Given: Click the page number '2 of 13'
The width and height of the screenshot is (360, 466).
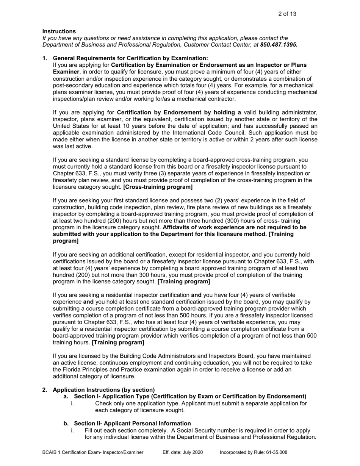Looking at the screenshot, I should coord(287,14).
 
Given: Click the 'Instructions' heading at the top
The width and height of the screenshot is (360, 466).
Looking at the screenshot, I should coord(59,31).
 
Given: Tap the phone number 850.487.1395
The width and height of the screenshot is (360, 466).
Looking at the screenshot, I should coord(279,45).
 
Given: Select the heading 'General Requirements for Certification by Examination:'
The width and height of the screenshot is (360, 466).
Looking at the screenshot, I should coord(130,58).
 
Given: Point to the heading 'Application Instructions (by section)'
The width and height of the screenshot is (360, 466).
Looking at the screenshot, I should coord(104,390).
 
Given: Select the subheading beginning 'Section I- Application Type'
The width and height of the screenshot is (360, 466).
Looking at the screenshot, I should coord(190,397).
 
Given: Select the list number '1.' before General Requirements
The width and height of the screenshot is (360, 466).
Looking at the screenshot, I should coord(45,58).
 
